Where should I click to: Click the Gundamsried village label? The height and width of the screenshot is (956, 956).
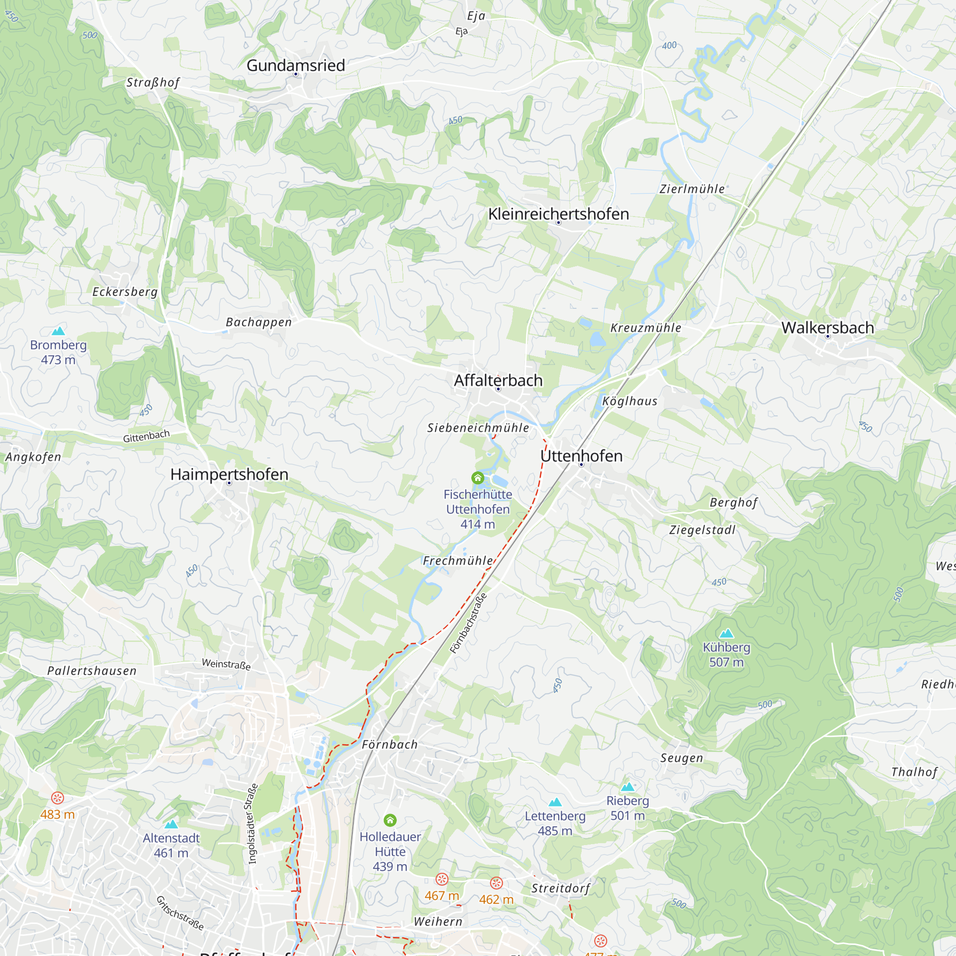(x=295, y=65)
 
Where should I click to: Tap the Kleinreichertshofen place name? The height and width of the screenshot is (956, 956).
(x=558, y=214)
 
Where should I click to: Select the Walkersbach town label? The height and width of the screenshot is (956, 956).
(x=827, y=327)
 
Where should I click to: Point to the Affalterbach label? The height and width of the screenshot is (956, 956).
(x=498, y=380)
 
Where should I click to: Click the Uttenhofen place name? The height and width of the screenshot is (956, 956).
(x=581, y=456)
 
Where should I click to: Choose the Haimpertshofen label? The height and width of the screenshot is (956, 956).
(x=229, y=474)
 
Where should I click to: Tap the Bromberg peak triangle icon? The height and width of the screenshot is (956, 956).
(x=58, y=331)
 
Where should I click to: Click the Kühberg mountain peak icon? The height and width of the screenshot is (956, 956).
(x=726, y=633)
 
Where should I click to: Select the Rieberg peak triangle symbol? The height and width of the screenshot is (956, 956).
(x=628, y=786)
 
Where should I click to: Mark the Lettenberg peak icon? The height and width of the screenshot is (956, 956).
(x=555, y=802)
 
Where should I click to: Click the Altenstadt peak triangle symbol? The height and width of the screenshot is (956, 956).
(x=171, y=824)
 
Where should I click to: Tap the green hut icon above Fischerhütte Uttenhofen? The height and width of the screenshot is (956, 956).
(x=478, y=478)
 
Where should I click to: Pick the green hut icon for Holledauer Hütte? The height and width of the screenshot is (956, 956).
(x=390, y=820)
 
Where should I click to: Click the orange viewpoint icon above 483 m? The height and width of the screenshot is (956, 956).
(x=57, y=798)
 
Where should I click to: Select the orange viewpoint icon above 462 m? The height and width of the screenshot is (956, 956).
(x=496, y=883)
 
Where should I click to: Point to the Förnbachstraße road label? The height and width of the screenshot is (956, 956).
(x=468, y=623)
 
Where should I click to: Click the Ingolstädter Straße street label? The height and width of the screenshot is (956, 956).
(x=252, y=824)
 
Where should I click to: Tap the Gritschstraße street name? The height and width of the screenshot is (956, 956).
(x=180, y=913)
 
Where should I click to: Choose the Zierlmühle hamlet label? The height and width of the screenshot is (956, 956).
(x=692, y=188)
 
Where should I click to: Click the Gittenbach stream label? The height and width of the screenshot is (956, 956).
(x=146, y=436)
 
